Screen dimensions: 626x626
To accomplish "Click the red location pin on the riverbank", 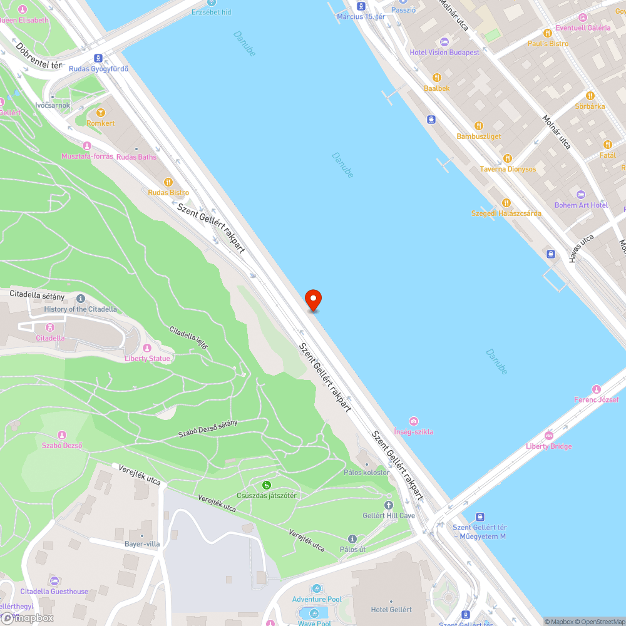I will (x=312, y=299).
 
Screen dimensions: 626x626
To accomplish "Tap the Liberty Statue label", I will (x=148, y=359).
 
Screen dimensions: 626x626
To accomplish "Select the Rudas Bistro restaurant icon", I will (x=168, y=182).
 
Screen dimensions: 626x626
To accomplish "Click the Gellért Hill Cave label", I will (x=389, y=515).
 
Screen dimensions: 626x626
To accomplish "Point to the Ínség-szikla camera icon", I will (x=413, y=421).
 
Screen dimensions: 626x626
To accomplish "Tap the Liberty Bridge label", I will (x=548, y=446).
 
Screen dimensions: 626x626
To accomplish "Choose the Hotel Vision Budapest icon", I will (x=444, y=41).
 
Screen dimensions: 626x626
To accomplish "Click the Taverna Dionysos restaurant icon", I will (x=508, y=158).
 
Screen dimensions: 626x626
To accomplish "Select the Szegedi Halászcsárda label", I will (x=506, y=213).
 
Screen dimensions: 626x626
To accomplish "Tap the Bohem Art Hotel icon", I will (x=581, y=195).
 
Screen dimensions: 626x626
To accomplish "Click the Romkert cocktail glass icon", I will (x=101, y=113).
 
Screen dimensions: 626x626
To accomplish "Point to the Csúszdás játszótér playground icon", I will (x=267, y=485).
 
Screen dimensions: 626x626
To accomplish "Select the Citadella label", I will (x=50, y=338).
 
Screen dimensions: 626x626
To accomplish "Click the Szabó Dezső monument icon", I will (x=62, y=435).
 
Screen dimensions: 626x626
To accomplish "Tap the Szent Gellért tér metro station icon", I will (x=480, y=517).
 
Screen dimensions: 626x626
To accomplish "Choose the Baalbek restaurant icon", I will (x=437, y=78).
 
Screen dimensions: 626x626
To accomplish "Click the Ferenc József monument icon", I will (x=596, y=389).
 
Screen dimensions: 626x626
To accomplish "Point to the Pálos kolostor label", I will (x=367, y=473).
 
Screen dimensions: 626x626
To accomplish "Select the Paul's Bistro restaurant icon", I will (x=548, y=33).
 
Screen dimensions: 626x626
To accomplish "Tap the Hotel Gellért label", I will (x=391, y=610).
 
